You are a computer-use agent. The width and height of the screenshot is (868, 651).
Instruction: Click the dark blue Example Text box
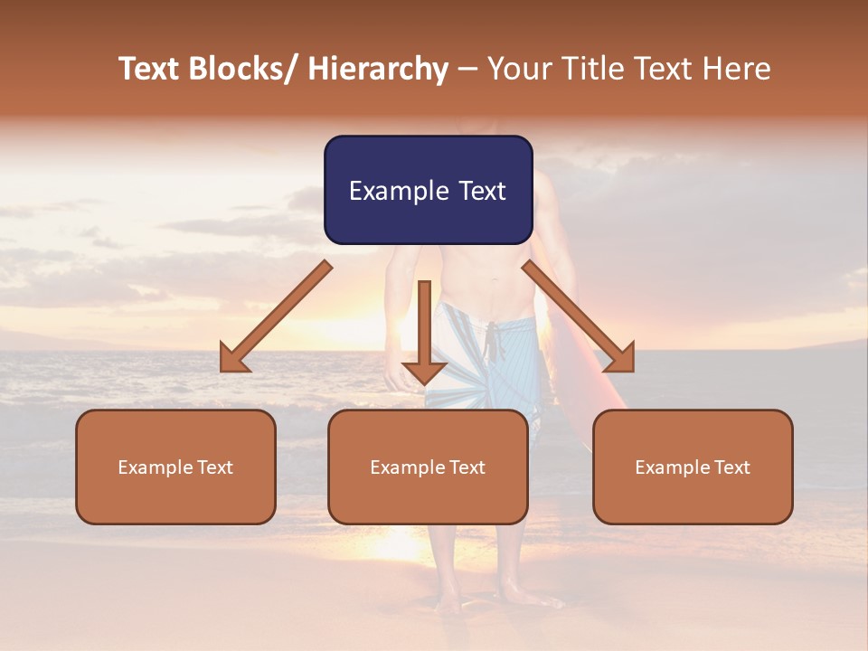pyautogui.click(x=428, y=190)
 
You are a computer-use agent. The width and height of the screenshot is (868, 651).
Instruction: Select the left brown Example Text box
pyautogui.click(x=175, y=467)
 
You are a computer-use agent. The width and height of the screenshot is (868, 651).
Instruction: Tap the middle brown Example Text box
pyautogui.click(x=428, y=467)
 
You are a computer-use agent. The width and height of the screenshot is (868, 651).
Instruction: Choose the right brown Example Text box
pyautogui.click(x=693, y=467)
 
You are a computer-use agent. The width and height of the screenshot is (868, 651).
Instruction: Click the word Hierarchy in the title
pyautogui.click(x=377, y=69)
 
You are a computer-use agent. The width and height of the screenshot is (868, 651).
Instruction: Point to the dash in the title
pyautogui.click(x=467, y=69)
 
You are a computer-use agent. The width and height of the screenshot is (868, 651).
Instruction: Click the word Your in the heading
pyautogui.click(x=519, y=69)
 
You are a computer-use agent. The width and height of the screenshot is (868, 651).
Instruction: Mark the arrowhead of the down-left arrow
pyautogui.click(x=233, y=360)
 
